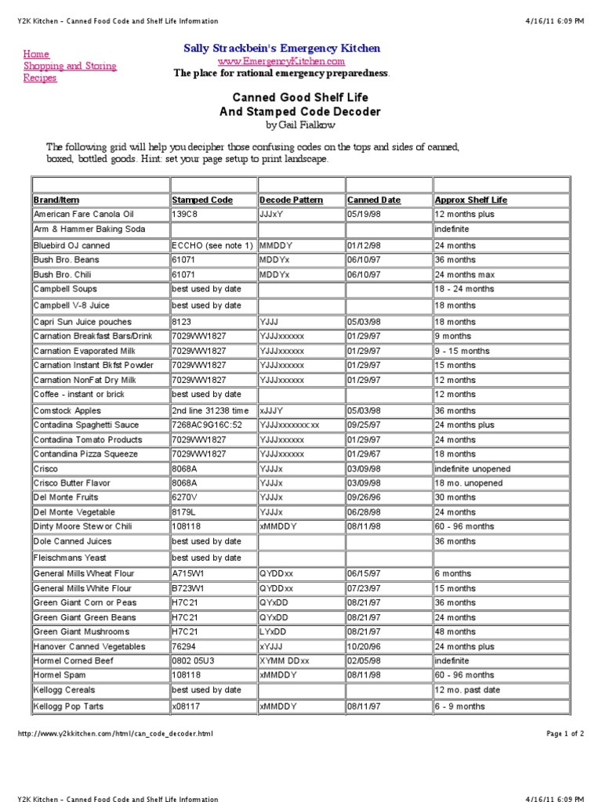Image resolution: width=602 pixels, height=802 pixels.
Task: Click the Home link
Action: tap(36, 54)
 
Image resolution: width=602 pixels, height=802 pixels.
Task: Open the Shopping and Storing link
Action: tap(70, 66)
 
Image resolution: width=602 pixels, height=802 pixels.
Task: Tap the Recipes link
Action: tap(40, 78)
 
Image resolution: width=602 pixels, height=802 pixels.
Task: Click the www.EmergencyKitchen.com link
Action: tap(281, 61)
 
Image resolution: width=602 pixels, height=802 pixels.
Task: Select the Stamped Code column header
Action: tap(202, 200)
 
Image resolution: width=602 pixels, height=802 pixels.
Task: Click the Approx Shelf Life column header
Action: tap(471, 200)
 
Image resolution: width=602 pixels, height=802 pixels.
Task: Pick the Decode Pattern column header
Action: tap(292, 200)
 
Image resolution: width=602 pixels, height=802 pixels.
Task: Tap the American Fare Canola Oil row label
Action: tap(84, 214)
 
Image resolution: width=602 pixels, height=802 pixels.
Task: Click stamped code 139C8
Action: tap(184, 214)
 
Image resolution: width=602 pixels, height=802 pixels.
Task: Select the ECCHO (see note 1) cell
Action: tap(212, 245)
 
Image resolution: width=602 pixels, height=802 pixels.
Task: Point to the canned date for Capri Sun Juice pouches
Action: tap(364, 322)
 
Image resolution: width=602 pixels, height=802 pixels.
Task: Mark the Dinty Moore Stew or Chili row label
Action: tap(89, 526)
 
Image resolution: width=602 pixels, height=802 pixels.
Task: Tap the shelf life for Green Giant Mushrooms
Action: tap(455, 631)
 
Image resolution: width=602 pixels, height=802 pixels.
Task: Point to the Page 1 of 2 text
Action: tap(564, 734)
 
